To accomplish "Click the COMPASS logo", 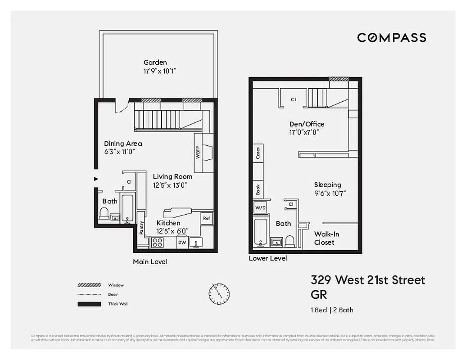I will point(391,37).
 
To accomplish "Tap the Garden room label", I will point(155,63).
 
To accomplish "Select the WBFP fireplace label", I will point(198,153).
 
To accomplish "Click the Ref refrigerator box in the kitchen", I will point(207,218).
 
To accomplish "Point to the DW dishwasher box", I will point(182,243).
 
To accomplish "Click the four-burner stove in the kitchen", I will point(157,242).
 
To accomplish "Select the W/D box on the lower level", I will point(261,208).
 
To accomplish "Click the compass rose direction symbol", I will point(219,294).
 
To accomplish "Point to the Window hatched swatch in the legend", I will point(89,285).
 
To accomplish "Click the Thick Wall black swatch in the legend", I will point(89,304).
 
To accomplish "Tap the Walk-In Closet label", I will point(327,238).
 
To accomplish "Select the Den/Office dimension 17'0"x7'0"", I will point(304,132).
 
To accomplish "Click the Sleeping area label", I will point(327,184).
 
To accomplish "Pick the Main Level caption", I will point(150,261).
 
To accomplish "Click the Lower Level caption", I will point(268,258).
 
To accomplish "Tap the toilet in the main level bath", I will point(104,213).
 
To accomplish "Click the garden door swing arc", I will point(122,107).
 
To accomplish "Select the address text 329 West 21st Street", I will point(367,280).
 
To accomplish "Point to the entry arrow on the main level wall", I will point(95,179).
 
